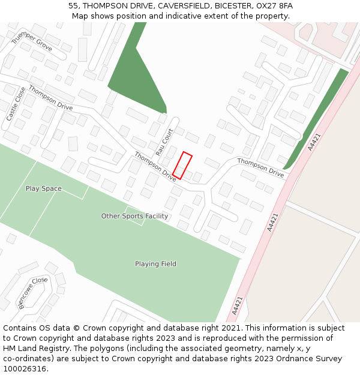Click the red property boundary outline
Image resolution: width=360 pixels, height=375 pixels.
point(182,166)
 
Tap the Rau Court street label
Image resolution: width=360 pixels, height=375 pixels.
point(164,142)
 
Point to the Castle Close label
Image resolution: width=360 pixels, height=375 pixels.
point(12,104)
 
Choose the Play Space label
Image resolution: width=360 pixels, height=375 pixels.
point(43,188)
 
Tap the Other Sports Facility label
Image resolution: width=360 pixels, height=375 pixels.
point(134,216)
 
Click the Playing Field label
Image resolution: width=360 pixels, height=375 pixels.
point(155,264)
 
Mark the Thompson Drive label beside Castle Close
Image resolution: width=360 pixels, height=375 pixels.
point(50,98)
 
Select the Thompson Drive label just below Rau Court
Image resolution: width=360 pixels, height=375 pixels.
point(155,166)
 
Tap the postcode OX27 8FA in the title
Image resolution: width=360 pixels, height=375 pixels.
point(274,6)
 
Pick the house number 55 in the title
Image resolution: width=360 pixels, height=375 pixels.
point(73,6)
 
